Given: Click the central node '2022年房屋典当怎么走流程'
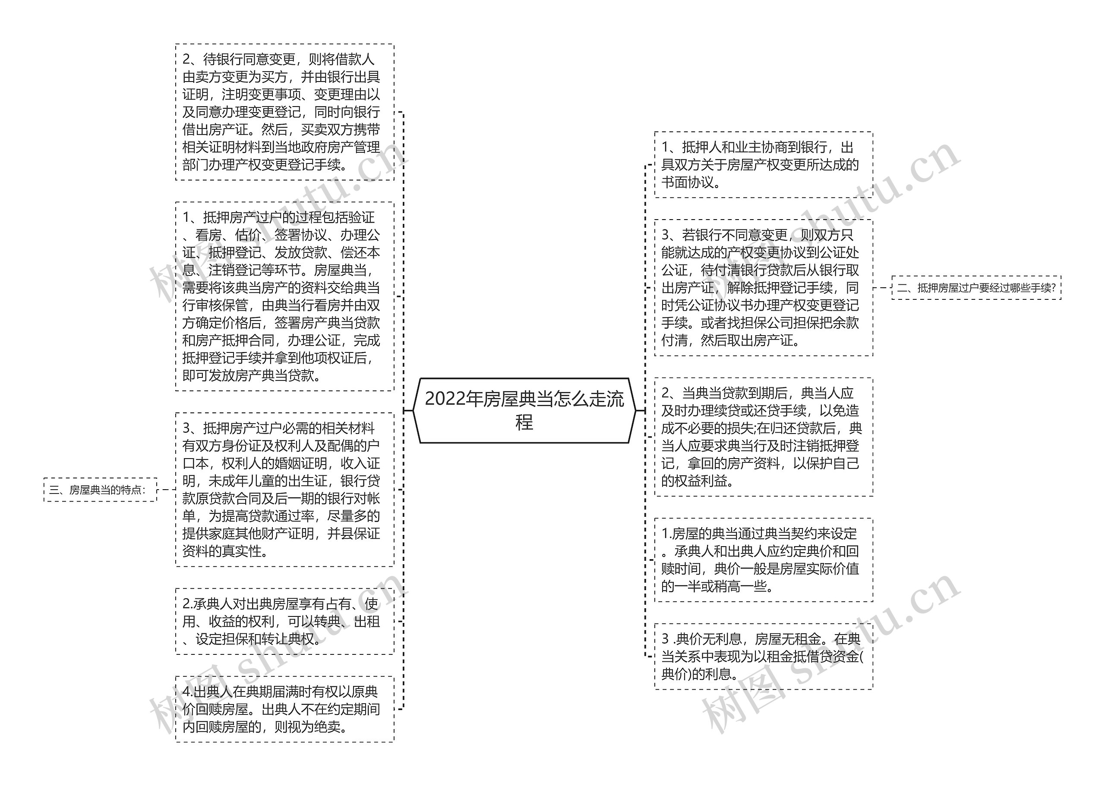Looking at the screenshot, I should tap(524, 410).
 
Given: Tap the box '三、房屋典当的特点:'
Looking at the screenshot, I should tap(100, 489).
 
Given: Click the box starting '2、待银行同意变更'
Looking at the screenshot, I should tap(284, 112).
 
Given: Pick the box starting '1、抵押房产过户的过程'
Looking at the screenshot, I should tap(284, 296).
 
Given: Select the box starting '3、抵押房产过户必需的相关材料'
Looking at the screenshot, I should tap(284, 489).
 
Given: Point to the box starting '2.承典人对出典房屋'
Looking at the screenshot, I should tap(284, 622).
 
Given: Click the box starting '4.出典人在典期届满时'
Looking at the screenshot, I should tap(284, 709).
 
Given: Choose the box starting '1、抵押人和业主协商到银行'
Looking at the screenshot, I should tap(763, 164).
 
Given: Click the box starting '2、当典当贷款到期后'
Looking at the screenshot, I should tap(763, 437).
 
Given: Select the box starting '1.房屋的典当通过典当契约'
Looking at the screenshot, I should tap(763, 560).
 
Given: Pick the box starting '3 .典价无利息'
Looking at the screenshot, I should tap(763, 656).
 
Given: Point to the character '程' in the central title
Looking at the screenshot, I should tap(524, 422).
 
